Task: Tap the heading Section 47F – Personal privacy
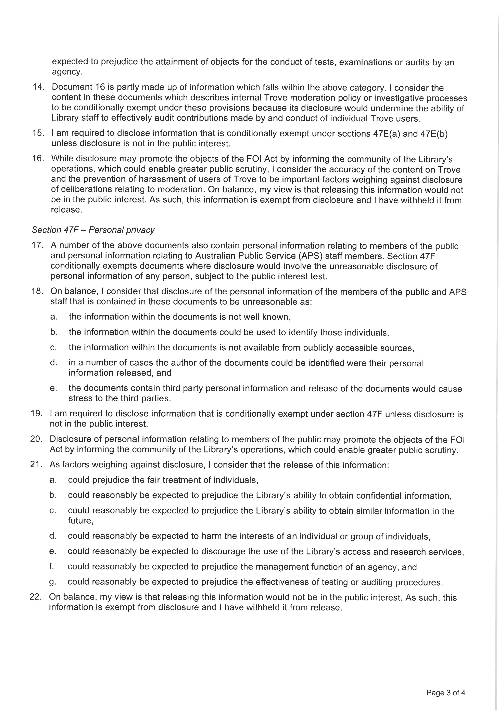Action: point(93,230)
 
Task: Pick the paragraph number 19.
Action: point(36,414)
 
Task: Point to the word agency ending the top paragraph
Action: point(67,72)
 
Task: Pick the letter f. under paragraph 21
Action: point(51,567)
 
